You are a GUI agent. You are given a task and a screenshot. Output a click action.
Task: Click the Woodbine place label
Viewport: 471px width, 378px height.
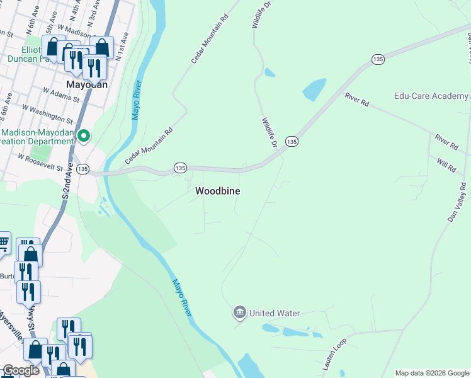tap(217, 190)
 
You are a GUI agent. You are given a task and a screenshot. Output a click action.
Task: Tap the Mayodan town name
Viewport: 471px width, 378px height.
tap(87, 84)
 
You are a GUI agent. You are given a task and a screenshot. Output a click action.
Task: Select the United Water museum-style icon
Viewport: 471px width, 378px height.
tap(239, 312)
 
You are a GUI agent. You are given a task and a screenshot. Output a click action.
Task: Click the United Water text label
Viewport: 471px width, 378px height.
tap(275, 313)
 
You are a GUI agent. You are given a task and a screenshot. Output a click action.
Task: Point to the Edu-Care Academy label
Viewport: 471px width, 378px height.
tap(431, 96)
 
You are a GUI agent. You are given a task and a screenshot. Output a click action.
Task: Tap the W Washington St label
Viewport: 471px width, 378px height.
tap(53, 114)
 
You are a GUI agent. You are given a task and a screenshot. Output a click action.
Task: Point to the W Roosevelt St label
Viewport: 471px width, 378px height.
tap(41, 163)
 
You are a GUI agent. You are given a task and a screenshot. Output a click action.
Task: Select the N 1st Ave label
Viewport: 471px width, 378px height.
tap(123, 47)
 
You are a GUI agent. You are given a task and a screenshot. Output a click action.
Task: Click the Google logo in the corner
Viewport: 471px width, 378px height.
tap(21, 370)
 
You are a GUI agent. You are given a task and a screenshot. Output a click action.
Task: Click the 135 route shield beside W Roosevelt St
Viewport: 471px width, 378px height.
tap(83, 169)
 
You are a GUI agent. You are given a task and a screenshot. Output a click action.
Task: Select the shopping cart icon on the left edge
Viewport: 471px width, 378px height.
tap(3, 242)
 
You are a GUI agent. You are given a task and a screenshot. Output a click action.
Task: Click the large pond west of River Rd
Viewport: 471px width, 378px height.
tap(315, 89)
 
